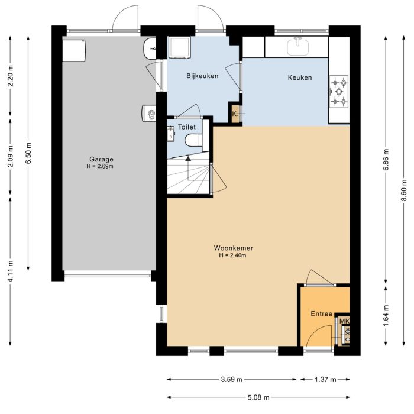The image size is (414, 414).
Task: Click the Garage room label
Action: tap(101, 159)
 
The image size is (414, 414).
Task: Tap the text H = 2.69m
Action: tap(101, 166)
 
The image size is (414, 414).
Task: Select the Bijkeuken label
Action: tap(202, 76)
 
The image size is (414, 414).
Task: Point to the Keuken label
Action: tap(299, 77)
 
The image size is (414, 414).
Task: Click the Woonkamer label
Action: tap(230, 248)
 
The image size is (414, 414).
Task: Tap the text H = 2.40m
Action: tap(230, 255)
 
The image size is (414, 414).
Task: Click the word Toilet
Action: tap(186, 127)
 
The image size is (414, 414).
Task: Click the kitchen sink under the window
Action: tap(297, 45)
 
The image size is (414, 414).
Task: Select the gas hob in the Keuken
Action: tap(339, 92)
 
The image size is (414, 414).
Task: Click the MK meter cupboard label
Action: tap(344, 321)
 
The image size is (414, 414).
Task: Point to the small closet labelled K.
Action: tap(235, 114)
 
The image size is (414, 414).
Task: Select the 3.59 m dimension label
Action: tap(232, 379)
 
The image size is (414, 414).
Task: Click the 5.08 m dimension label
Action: tap(258, 397)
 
